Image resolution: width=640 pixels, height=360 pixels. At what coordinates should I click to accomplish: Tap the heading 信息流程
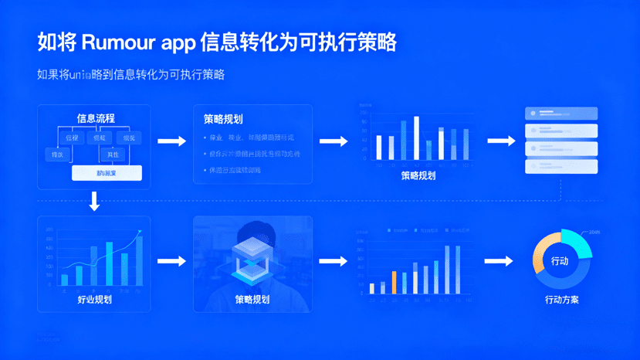coord(96,118)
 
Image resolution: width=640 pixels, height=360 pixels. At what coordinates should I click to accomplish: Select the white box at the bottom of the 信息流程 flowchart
coord(107,174)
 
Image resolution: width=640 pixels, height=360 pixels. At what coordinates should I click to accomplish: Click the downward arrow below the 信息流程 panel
coord(94,202)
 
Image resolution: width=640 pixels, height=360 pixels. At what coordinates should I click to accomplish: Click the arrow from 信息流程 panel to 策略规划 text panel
coord(171,141)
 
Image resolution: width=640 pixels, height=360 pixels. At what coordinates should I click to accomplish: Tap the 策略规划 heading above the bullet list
coord(223,119)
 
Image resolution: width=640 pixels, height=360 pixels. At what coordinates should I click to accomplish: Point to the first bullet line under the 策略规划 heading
coord(252,138)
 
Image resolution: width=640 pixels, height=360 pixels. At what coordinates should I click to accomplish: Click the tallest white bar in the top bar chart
coord(417,138)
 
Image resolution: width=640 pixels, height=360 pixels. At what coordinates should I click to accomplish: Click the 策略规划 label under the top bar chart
coord(418,175)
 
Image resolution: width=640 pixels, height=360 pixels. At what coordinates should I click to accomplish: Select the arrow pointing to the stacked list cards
coord(501,141)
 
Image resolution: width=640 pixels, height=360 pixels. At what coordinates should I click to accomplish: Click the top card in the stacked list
coord(561,113)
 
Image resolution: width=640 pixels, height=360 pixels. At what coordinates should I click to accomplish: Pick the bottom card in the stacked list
coord(561,166)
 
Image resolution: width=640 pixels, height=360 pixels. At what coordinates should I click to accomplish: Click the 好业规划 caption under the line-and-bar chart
coord(95,299)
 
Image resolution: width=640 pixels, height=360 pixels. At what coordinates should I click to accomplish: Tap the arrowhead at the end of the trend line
coord(140,231)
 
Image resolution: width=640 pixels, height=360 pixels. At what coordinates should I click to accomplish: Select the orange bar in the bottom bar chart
coord(394,282)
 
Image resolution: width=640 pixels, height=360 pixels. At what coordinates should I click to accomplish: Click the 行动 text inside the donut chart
coord(560,261)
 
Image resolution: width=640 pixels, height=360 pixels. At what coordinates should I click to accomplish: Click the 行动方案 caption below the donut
coord(561,300)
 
